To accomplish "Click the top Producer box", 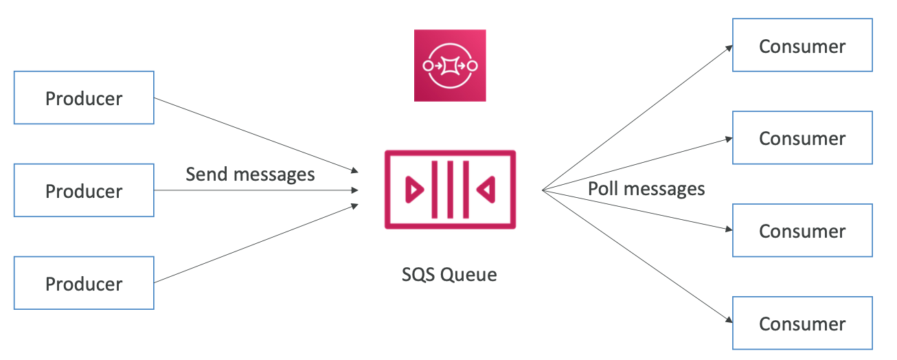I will coord(84,98).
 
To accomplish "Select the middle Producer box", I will coord(84,190).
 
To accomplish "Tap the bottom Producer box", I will coord(84,283).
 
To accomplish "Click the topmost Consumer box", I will coord(802,45).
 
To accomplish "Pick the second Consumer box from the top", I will coord(802,138).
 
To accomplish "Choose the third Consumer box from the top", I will coord(802,230).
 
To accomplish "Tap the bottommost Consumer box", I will coord(802,323).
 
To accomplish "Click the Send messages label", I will coord(250,174).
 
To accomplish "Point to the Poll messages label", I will coord(646,188).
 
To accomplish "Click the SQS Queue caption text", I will coord(449,275).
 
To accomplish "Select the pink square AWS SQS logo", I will coord(450,66).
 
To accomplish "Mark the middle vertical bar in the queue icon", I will coord(450,189).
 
